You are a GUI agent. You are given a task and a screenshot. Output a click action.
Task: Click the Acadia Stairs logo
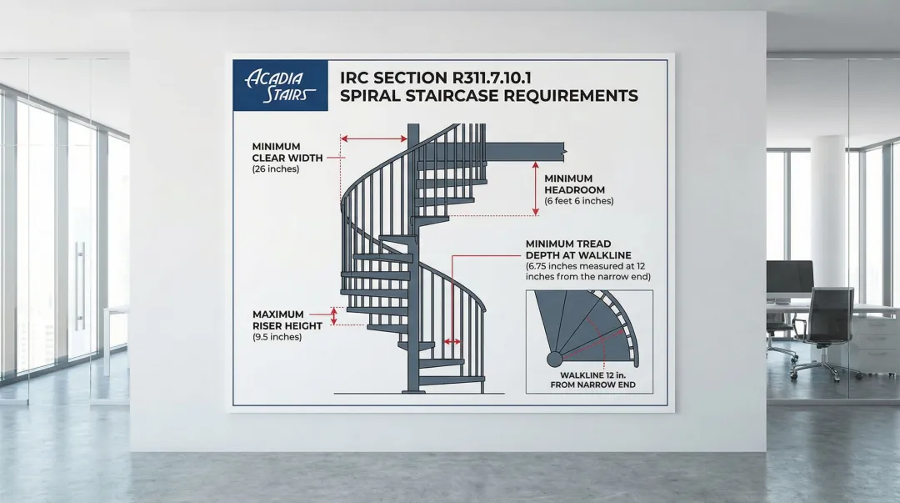(x=279, y=86)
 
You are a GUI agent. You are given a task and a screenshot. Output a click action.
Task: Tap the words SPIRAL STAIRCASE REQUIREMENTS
(x=489, y=96)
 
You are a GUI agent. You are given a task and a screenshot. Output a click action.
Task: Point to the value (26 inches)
(x=275, y=169)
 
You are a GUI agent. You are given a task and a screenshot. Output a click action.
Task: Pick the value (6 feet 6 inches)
(x=578, y=201)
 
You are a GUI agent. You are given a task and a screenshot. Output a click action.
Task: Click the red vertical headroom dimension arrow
(x=536, y=189)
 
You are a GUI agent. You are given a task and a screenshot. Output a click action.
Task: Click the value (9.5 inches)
(x=277, y=337)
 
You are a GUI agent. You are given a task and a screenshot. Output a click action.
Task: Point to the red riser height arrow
(x=334, y=316)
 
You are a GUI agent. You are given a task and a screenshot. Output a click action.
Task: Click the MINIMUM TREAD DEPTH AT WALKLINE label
(x=578, y=249)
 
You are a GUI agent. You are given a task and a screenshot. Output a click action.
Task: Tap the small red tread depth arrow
(x=452, y=341)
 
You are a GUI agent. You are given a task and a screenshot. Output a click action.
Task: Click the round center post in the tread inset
(x=553, y=360)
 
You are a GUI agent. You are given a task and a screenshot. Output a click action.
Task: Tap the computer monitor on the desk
(x=789, y=278)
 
